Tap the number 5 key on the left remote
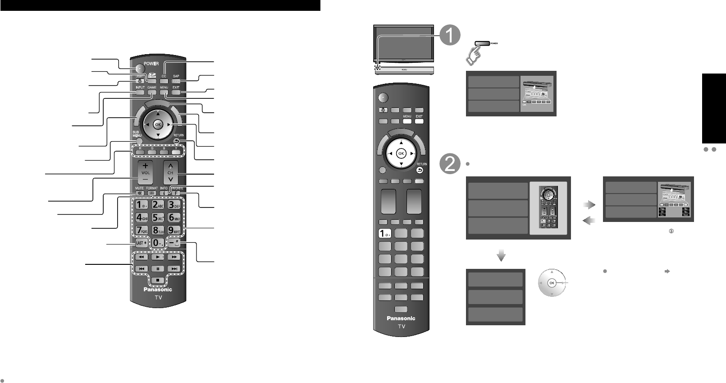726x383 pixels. click(157, 217)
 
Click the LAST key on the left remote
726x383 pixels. click(141, 243)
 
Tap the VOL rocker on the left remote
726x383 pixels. click(146, 173)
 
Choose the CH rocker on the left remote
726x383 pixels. click(170, 173)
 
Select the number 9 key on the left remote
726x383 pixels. click(174, 230)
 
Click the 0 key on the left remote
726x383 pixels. click(157, 243)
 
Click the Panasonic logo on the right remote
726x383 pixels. click(401, 318)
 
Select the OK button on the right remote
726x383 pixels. click(401, 153)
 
